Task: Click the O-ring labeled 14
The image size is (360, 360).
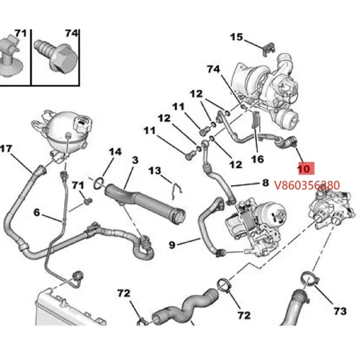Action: pos(103,175)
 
